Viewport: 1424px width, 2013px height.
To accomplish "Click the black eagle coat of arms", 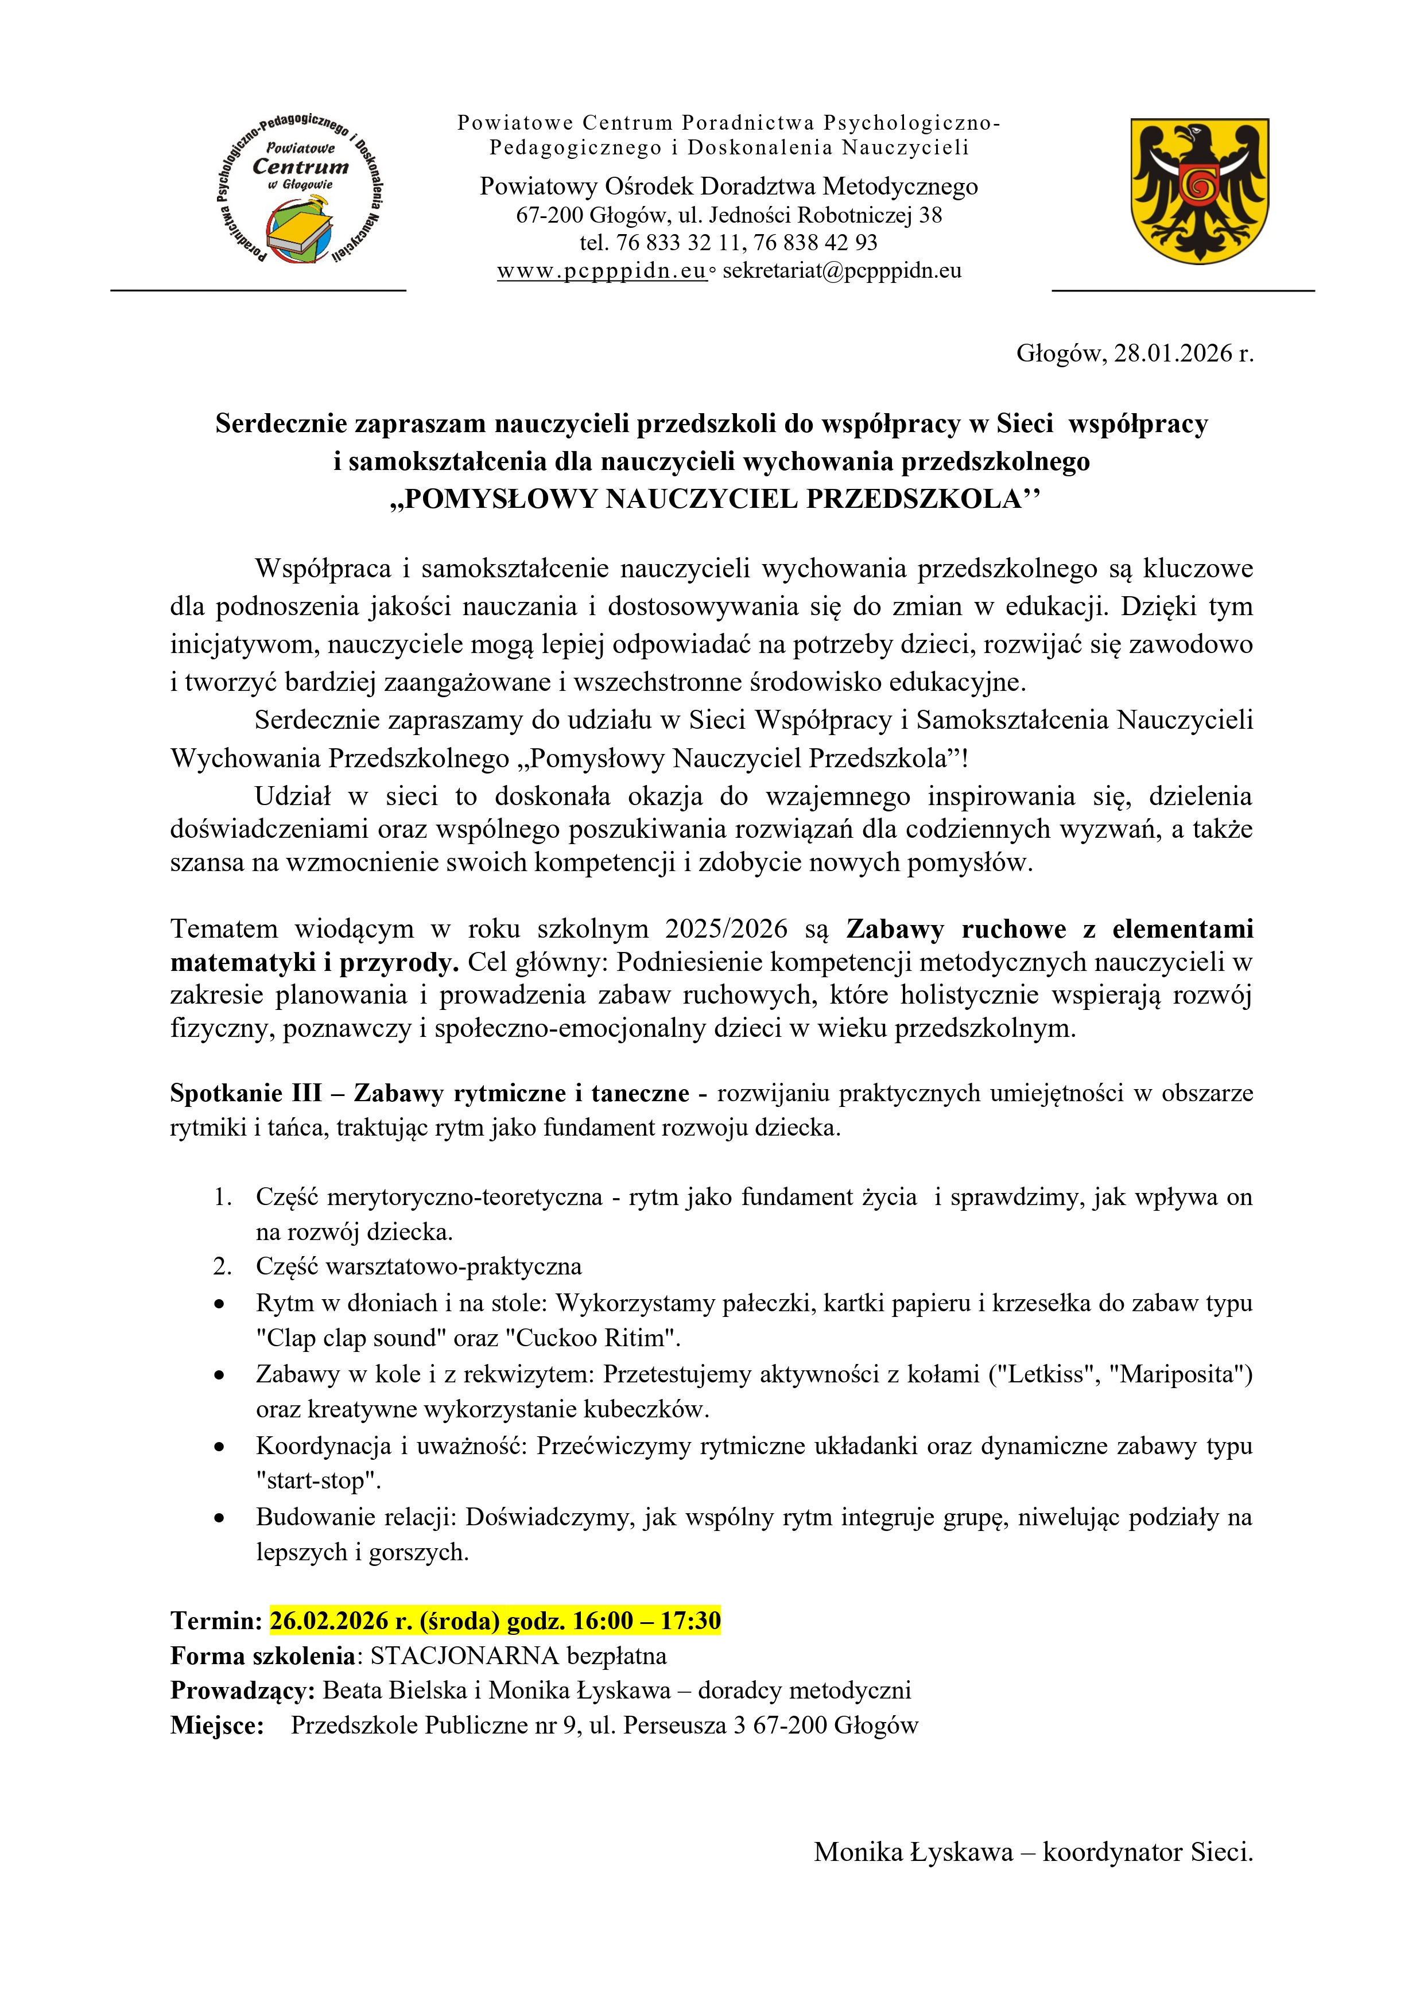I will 1200,191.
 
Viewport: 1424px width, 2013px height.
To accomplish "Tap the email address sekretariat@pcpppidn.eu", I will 842,271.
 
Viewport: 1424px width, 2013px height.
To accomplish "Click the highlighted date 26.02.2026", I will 329,1620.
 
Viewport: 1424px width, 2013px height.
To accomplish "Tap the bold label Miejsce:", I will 216,1726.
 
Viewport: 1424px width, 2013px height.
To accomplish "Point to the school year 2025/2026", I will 726,928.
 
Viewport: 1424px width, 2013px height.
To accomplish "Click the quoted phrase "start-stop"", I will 319,1481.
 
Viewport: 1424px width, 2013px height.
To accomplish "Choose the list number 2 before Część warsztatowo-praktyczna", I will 222,1267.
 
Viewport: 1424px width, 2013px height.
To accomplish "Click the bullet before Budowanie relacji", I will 219,1518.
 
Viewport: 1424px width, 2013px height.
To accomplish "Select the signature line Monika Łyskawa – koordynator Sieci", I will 1033,1852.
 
